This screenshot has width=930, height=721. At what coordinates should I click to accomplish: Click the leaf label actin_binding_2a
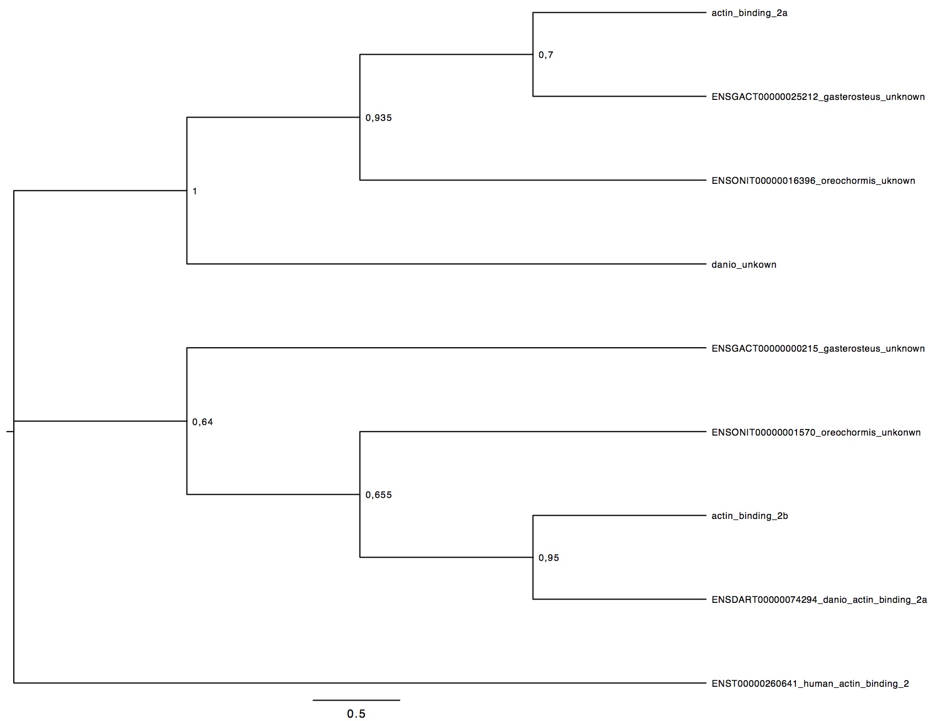point(750,13)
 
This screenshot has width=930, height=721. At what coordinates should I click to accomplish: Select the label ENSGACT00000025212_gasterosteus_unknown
point(819,97)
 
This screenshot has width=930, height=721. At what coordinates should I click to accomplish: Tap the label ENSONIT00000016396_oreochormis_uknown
point(814,181)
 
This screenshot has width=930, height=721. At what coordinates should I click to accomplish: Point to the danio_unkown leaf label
point(744,265)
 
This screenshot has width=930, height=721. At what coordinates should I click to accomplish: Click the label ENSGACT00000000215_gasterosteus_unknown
point(819,349)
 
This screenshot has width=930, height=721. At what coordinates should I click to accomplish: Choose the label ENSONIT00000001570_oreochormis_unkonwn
point(816,433)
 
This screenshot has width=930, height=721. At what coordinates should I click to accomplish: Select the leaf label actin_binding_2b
point(750,516)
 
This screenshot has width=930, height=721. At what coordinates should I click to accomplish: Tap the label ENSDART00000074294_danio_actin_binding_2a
point(820,600)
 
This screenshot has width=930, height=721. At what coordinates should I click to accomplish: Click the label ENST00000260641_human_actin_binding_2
point(810,684)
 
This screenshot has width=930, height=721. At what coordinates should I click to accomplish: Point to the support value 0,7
point(546,55)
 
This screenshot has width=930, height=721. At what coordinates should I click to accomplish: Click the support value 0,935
point(379,118)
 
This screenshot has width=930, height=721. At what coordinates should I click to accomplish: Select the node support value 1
point(194,192)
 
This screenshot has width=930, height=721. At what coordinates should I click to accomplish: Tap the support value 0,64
point(203,422)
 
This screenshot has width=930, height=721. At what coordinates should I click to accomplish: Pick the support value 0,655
point(379,495)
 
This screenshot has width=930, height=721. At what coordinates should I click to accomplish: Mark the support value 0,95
point(549,558)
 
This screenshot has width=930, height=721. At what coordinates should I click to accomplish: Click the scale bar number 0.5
point(356,714)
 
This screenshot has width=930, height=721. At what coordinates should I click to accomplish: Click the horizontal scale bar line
point(357,701)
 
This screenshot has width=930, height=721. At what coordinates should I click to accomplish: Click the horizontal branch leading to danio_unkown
point(447,264)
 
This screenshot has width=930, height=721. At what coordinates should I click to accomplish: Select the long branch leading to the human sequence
point(360,683)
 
